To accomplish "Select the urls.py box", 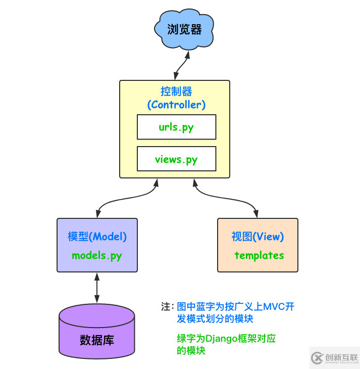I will click(x=176, y=127).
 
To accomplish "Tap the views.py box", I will click(x=176, y=159).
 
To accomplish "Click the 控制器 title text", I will click(x=176, y=91).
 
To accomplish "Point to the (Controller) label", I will click(x=176, y=105).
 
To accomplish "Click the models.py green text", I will click(x=97, y=255).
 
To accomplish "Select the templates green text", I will click(x=259, y=255).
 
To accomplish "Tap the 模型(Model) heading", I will click(x=97, y=237).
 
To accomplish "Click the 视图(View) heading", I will click(x=258, y=237).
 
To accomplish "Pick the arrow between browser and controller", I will click(x=181, y=65).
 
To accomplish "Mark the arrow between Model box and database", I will click(x=97, y=288).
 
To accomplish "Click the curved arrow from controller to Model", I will click(x=121, y=200).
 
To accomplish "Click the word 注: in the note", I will click(x=167, y=307).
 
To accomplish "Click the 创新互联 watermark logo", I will click(x=334, y=357).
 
